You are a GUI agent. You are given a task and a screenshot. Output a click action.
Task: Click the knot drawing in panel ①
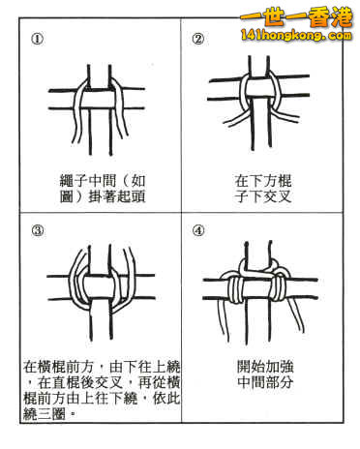pos(97,102)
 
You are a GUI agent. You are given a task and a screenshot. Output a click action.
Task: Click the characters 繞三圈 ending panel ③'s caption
pos(47,417)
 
